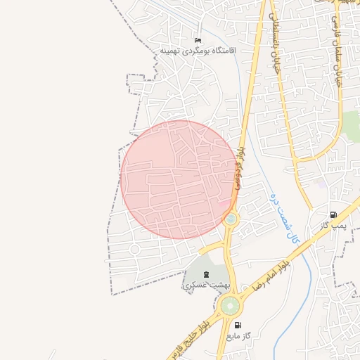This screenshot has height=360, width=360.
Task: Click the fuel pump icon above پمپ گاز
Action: click(x=333, y=214)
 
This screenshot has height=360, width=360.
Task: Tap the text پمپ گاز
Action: click(x=326, y=225)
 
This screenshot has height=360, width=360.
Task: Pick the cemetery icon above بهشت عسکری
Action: click(x=206, y=274)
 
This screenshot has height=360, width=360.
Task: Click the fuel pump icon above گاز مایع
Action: click(x=238, y=326)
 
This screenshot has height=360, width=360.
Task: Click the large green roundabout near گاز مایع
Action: click(x=229, y=306)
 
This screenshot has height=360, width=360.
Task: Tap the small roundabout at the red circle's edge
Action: click(x=231, y=220)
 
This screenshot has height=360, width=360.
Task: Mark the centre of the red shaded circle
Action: click(x=179, y=179)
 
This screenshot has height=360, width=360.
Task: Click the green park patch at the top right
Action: click(x=349, y=124)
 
